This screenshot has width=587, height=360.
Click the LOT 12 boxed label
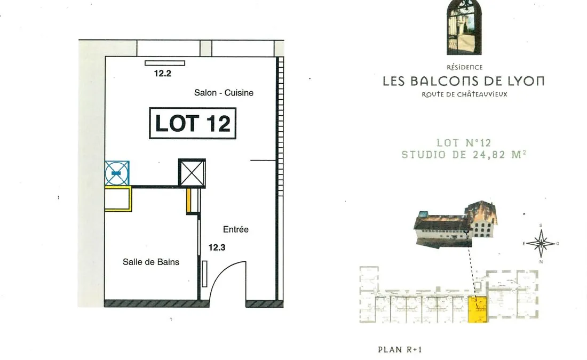coord(193,123)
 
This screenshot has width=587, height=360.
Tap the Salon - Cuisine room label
coord(224,92)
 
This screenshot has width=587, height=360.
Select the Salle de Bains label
coord(151,262)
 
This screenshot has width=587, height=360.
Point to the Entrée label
coord(235,229)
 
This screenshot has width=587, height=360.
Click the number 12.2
coord(162,74)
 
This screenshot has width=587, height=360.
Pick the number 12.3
coord(217,247)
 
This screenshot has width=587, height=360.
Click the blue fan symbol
coord(117,173)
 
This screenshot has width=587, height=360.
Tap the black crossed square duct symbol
coord(192,173)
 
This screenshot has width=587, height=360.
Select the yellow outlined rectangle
coord(118,199)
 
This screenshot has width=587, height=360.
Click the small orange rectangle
coord(189,201)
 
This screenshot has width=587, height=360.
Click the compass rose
coord(541,244)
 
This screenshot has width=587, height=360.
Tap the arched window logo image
coord(464,27)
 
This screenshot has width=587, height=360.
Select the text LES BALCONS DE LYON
coord(463,81)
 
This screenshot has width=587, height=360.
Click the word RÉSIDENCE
coord(465,67)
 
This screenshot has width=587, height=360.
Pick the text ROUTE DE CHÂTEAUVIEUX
coord(464,94)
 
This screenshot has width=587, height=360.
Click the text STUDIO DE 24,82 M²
coord(464,155)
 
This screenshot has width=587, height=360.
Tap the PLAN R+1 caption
coord(400,349)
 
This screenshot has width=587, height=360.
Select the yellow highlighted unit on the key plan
coord(478,309)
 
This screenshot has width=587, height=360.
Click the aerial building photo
coord(455,224)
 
